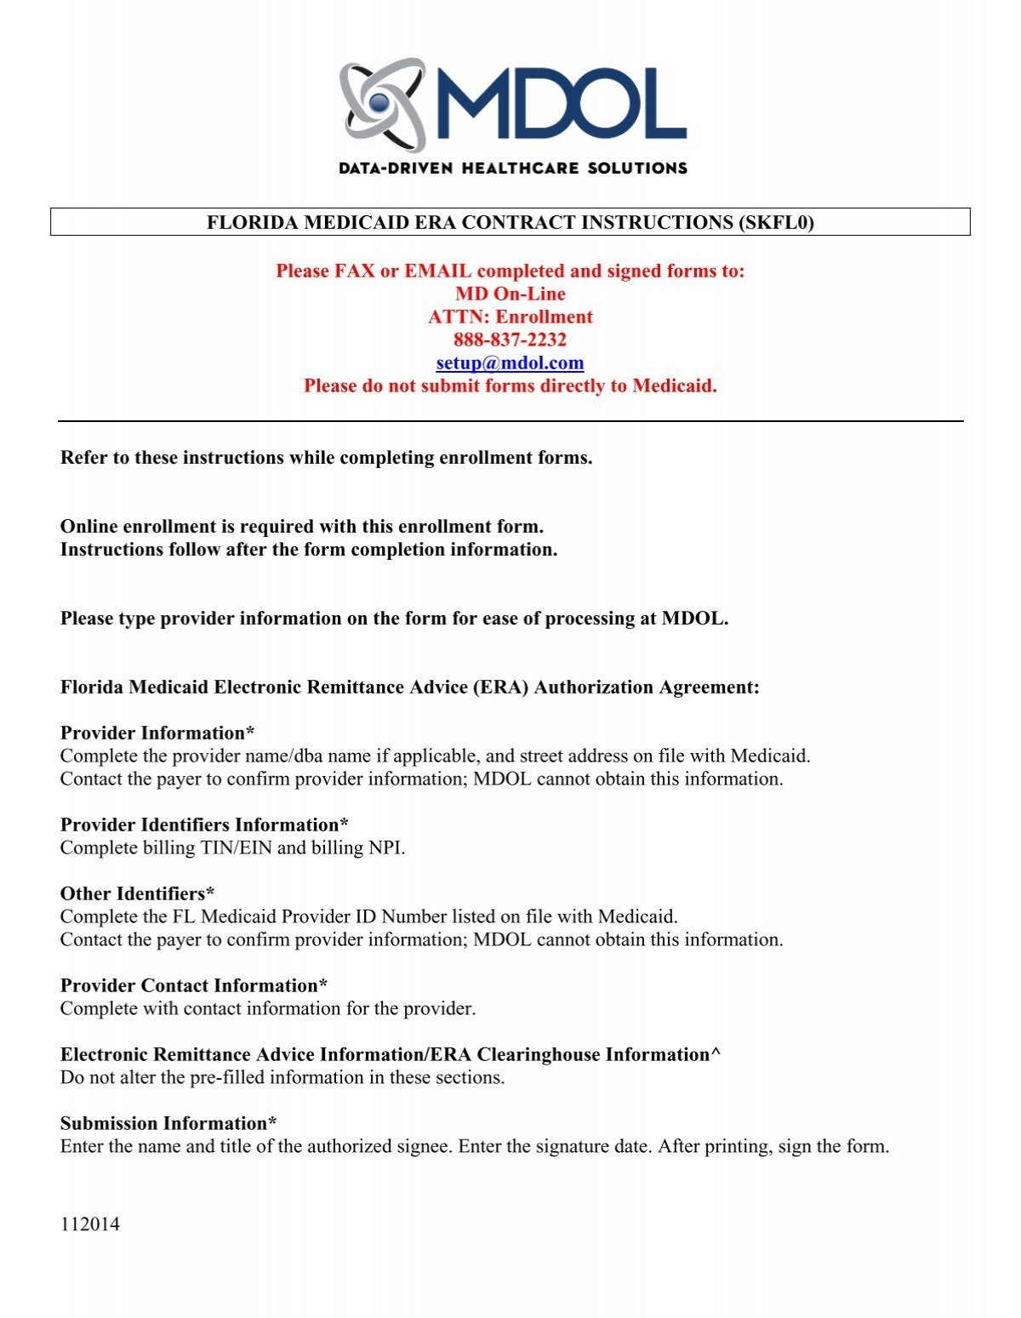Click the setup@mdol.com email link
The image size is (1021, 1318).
point(510,363)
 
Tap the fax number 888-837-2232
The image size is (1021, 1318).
point(510,340)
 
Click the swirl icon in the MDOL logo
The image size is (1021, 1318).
point(382,105)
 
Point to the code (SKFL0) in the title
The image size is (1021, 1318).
point(777,223)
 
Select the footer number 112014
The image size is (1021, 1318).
point(89,1224)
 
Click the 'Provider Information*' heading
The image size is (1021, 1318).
point(157,733)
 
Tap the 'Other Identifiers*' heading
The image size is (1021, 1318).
point(137,893)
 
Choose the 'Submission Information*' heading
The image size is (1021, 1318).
point(168,1123)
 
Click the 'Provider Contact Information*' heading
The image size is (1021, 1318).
point(194,985)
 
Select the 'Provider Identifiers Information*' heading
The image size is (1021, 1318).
point(204,824)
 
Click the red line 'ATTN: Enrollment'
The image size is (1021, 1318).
point(510,317)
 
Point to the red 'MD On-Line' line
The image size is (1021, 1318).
point(510,294)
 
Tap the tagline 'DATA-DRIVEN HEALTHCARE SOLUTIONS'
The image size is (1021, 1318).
point(512,168)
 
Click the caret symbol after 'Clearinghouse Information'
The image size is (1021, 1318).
point(716,1054)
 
